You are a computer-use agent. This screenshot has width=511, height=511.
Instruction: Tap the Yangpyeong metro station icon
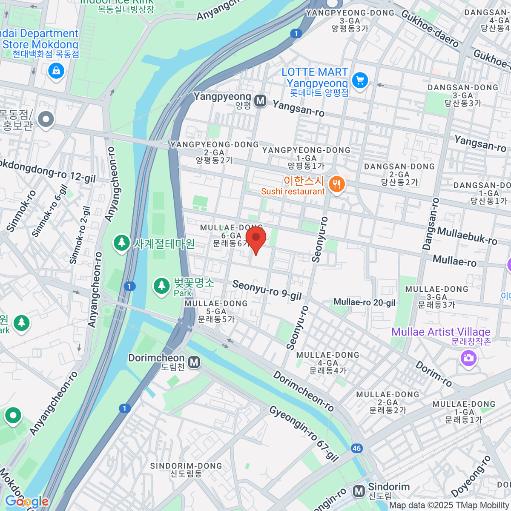coord(260,101)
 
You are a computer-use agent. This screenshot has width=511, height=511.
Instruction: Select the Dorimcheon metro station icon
coord(194,362)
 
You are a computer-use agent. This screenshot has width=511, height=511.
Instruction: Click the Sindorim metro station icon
coord(359,491)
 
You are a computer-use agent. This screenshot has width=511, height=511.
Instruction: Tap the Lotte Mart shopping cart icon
coord(360,80)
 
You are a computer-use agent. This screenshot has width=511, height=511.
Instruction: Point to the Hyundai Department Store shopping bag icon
coord(56,71)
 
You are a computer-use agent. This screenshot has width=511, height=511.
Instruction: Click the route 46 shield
coord(356,448)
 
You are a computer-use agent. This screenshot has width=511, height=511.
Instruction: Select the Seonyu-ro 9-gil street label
coord(267,290)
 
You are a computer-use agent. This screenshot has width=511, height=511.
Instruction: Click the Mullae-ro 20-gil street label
coord(365,303)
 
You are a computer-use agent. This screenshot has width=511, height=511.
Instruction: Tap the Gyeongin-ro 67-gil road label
coord(304,433)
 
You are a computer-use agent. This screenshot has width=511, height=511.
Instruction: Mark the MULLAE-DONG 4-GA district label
coord(328,363)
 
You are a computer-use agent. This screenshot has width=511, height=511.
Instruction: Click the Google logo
coord(26,502)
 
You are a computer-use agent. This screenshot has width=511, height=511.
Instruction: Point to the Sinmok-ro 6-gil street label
coord(50,211)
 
